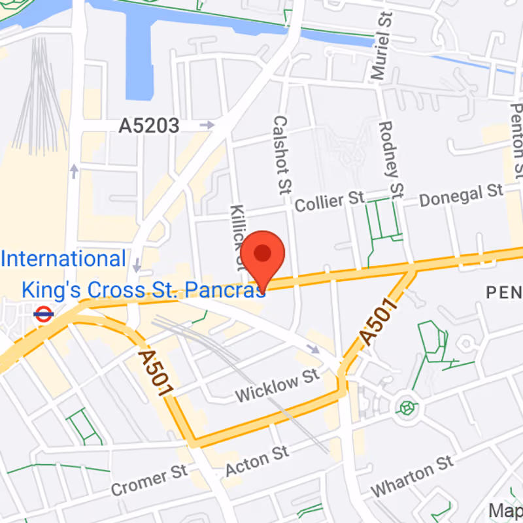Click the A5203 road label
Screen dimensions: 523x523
pos(148,126)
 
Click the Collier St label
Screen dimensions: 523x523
pos(329,201)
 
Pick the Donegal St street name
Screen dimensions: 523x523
pos(461,195)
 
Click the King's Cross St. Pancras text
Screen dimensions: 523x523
pos(144,289)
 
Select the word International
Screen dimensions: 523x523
pos(63,259)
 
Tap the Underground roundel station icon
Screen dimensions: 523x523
pos(43,314)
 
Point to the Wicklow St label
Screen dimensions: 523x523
pos(277,386)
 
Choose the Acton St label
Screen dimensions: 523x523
pos(257,461)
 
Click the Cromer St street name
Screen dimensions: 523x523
pos(148,480)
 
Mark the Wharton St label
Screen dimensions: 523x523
pos(411,476)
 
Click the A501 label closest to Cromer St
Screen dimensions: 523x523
pos(156,371)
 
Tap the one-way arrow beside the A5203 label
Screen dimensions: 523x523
pos(207,124)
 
